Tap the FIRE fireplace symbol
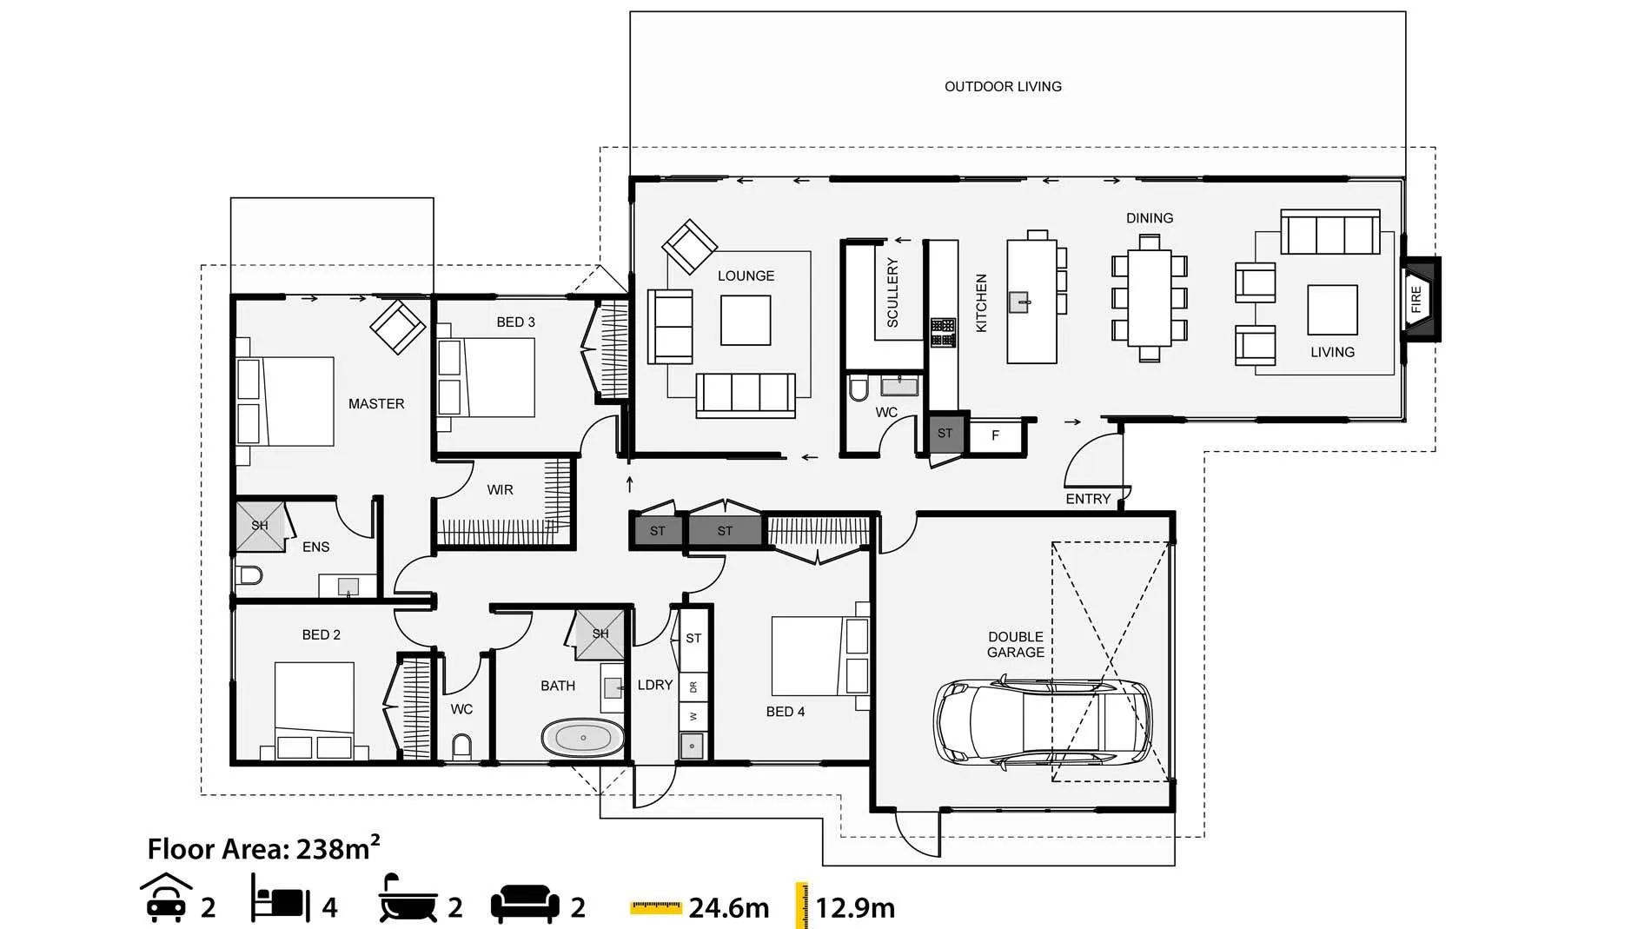click(1420, 299)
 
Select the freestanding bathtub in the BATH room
click(583, 738)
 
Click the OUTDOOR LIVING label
click(1003, 86)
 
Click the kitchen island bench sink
click(1018, 302)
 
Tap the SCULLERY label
click(892, 292)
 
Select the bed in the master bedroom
click(285, 401)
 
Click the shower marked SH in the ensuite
click(260, 525)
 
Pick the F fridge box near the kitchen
click(996, 435)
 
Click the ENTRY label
click(1088, 499)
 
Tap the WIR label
click(500, 490)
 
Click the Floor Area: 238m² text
click(263, 847)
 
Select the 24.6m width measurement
click(728, 908)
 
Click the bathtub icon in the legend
click(408, 899)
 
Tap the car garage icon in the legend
click(166, 898)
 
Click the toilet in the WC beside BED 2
click(462, 747)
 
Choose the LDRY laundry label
click(655, 685)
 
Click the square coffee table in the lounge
click(745, 320)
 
